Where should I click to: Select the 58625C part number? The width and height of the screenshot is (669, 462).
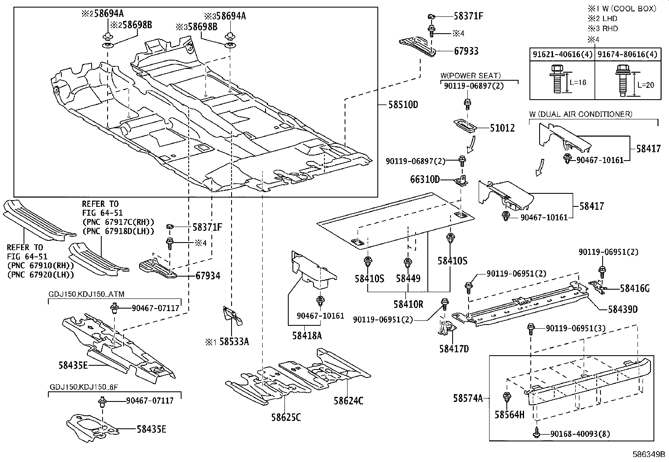[286, 417]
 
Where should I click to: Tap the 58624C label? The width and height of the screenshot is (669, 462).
[348, 401]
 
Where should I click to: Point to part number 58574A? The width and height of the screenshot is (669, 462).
[468, 397]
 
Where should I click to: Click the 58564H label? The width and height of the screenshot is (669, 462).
[509, 415]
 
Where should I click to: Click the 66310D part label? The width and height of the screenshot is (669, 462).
[425, 180]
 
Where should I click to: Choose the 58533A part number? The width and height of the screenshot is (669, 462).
[234, 342]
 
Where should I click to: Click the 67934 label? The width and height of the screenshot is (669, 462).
[208, 276]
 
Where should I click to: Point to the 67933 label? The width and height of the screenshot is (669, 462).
[466, 51]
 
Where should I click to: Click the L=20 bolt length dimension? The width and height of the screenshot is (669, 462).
[645, 84]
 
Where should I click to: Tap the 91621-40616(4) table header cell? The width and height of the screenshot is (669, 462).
[562, 55]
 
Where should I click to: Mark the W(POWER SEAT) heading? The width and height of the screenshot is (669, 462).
[470, 76]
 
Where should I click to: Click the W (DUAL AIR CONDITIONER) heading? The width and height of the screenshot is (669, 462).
[581, 114]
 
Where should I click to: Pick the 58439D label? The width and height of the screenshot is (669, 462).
[623, 309]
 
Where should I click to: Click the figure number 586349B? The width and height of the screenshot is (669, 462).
[649, 454]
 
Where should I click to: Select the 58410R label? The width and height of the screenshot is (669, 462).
[408, 303]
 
